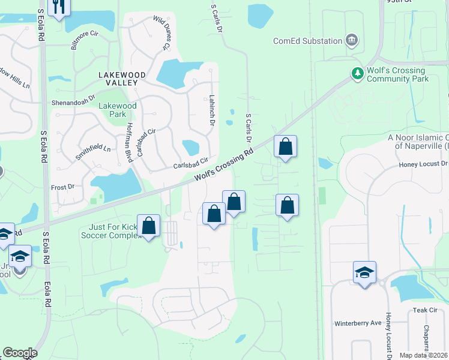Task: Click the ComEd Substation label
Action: [x=307, y=41]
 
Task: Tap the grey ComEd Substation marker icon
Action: [x=352, y=41]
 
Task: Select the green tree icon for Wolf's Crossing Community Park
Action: [x=358, y=73]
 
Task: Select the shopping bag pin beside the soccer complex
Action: [x=149, y=227]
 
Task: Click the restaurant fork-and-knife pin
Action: [x=59, y=7]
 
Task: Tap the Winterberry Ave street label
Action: [x=358, y=323]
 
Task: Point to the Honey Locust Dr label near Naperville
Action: [x=423, y=164]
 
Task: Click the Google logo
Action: [x=20, y=353]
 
